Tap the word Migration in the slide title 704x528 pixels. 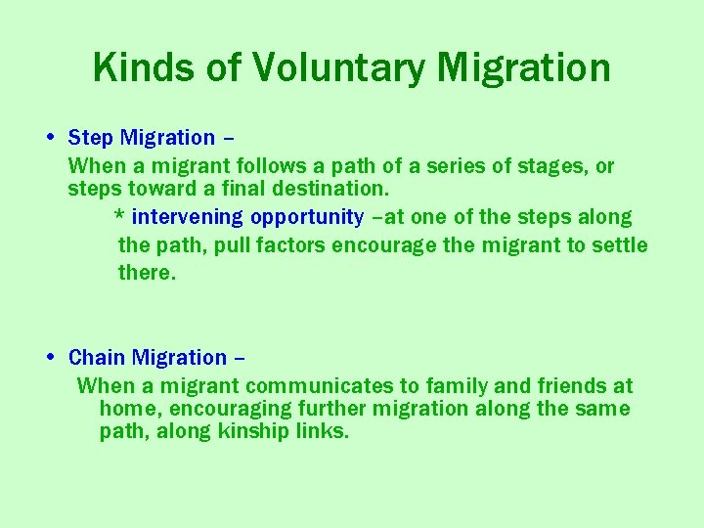pos(525,67)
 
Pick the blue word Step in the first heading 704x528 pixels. pos(91,138)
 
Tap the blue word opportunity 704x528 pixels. pos(307,217)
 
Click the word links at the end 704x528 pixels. pos(321,431)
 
